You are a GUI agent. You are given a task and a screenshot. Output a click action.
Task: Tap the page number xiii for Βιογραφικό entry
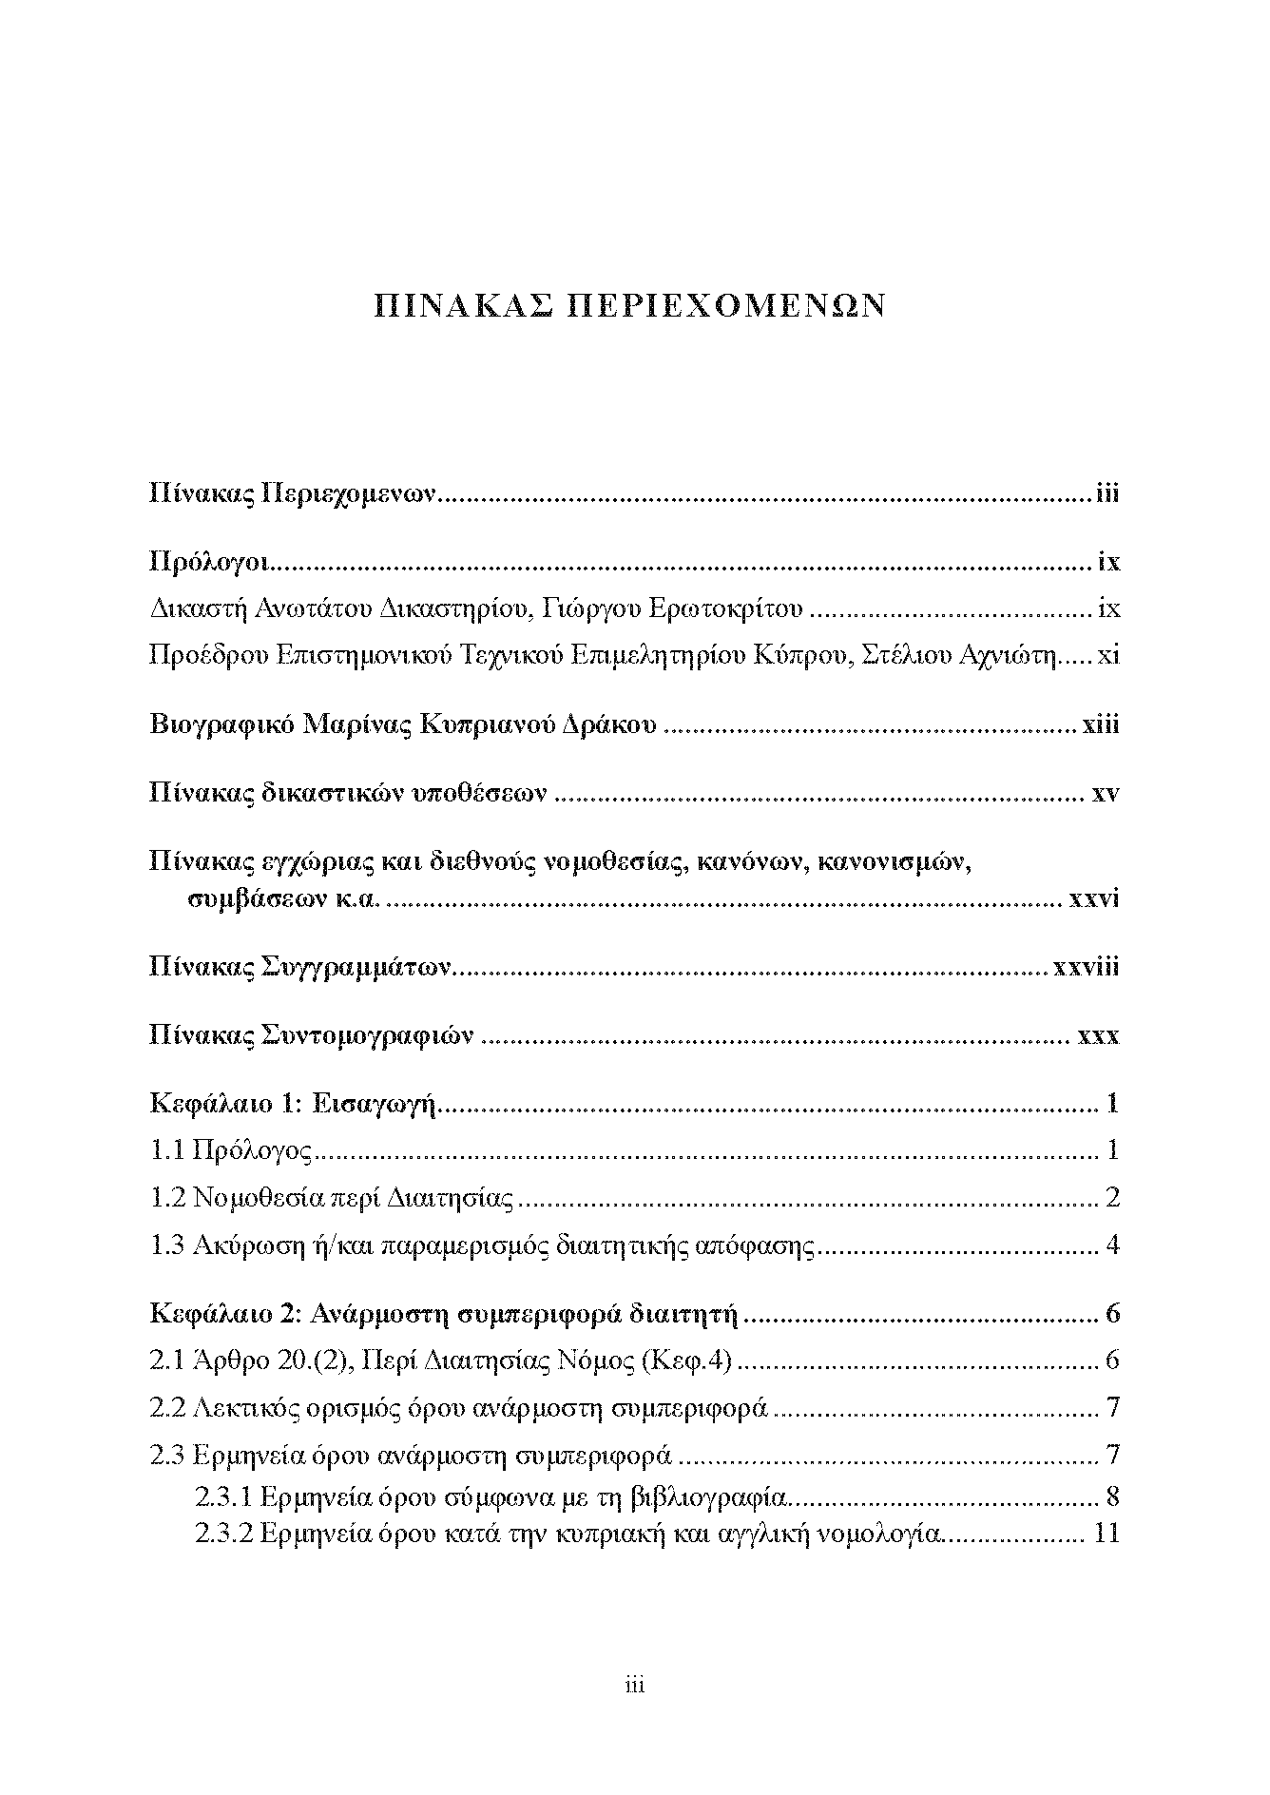click(x=1100, y=725)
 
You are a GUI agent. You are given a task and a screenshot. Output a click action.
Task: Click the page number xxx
click(x=1099, y=1035)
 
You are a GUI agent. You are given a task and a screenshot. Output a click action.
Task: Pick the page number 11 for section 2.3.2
click(x=1106, y=1534)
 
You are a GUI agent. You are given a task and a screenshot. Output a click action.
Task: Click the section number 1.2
click(x=167, y=1199)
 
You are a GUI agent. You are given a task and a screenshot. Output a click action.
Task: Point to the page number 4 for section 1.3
click(x=1113, y=1245)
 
